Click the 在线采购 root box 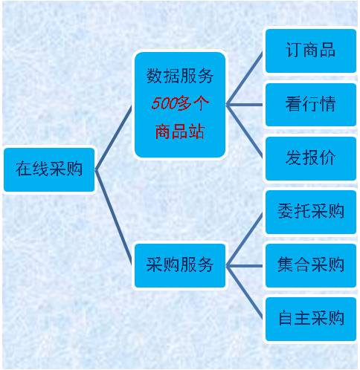tap(49, 169)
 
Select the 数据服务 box tap(180, 105)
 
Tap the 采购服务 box tap(180, 265)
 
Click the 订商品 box tap(311, 51)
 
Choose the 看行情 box tap(311, 105)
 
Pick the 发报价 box tap(311, 158)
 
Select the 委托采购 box tap(311, 212)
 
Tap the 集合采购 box tap(311, 265)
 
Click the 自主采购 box tap(311, 319)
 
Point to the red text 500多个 tap(180, 103)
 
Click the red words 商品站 tap(180, 132)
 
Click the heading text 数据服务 tap(180, 76)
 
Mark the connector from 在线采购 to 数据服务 tap(113, 137)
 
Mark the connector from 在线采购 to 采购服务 tap(113, 218)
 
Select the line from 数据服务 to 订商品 tap(244, 78)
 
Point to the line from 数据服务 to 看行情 tap(244, 105)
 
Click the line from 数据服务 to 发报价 tap(244, 132)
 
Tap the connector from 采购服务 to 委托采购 tap(244, 239)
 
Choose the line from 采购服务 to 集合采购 tap(244, 266)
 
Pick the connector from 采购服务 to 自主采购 tap(244, 292)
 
